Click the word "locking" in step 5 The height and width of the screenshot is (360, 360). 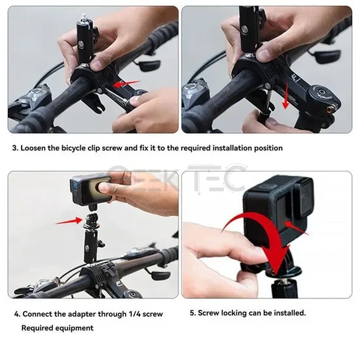[232, 313]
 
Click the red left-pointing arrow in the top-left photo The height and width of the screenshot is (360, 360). [127, 84]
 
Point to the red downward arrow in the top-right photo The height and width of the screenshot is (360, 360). [286, 96]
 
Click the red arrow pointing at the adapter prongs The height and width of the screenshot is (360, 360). [69, 221]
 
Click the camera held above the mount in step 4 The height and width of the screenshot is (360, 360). [90, 189]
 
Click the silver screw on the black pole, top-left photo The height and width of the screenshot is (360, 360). [81, 43]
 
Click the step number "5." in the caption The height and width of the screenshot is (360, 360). [193, 313]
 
